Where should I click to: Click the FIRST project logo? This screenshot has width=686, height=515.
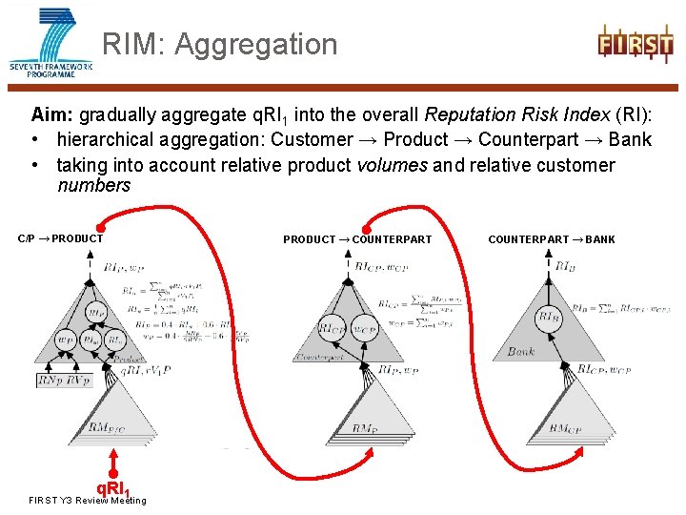tap(636, 44)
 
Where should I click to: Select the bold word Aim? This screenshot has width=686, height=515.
tap(51, 114)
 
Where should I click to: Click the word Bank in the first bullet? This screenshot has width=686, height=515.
tap(631, 139)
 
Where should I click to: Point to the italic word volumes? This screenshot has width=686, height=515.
tap(392, 164)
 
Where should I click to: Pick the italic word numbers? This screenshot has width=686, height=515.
tap(93, 185)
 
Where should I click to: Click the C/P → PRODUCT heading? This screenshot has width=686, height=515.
tap(61, 238)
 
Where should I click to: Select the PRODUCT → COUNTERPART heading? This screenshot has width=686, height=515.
tap(357, 239)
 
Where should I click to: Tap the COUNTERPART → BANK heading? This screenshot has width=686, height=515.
tap(552, 239)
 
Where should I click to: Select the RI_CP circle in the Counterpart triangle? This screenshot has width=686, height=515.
tap(333, 330)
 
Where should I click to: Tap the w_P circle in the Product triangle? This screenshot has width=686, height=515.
tap(65, 340)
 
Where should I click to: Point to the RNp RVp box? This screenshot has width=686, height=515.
tap(65, 381)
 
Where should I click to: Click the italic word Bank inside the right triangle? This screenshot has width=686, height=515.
tap(521, 352)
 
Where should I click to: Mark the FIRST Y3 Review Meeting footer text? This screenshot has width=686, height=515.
tap(88, 501)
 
